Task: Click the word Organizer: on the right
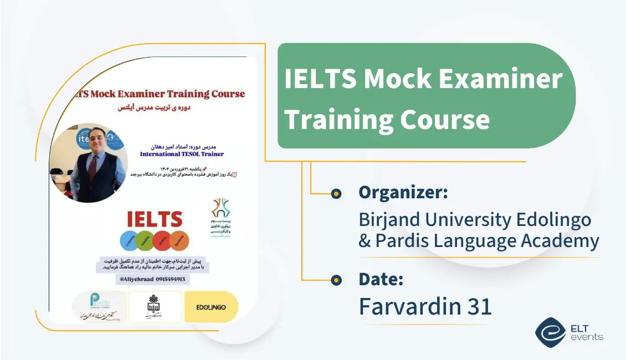click(x=403, y=193)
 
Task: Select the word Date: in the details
click(x=381, y=280)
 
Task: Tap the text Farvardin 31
click(x=425, y=306)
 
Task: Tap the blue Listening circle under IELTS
click(x=129, y=241)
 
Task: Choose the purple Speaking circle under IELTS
click(x=179, y=241)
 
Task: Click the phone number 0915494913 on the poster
click(x=166, y=280)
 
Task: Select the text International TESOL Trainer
click(x=182, y=153)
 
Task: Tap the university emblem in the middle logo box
click(x=155, y=304)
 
